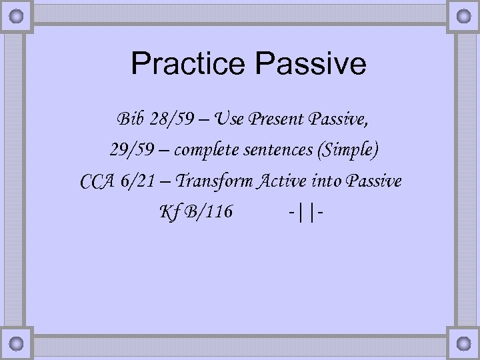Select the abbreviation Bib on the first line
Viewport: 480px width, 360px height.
[x=130, y=120]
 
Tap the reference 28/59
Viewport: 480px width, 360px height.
[x=171, y=120]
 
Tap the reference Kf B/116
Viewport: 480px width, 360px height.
[x=195, y=212]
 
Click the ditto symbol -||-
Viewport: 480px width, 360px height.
[x=306, y=212]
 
